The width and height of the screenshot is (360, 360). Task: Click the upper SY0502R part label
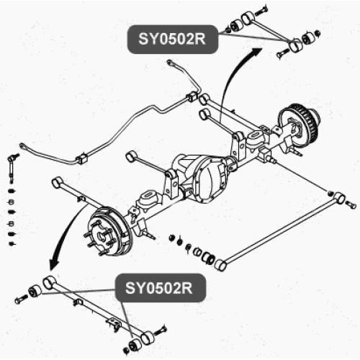click(173, 39)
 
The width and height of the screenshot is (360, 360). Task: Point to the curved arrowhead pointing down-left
click(54, 264)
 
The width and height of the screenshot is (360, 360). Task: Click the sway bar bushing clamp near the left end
click(81, 159)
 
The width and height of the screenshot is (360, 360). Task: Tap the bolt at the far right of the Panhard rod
click(351, 204)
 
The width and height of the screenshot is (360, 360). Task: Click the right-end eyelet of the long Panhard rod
click(339, 198)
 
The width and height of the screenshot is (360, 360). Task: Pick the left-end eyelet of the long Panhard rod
click(220, 264)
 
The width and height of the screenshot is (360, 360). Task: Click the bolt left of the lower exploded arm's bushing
click(21, 299)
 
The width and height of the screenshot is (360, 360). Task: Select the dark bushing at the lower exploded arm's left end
click(35, 291)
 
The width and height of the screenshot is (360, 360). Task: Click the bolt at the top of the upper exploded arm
click(261, 10)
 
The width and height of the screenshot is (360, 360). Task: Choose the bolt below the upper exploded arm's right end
click(283, 53)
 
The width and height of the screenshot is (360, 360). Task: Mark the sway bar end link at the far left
click(12, 168)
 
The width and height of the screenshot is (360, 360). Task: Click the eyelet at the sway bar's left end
click(24, 146)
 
